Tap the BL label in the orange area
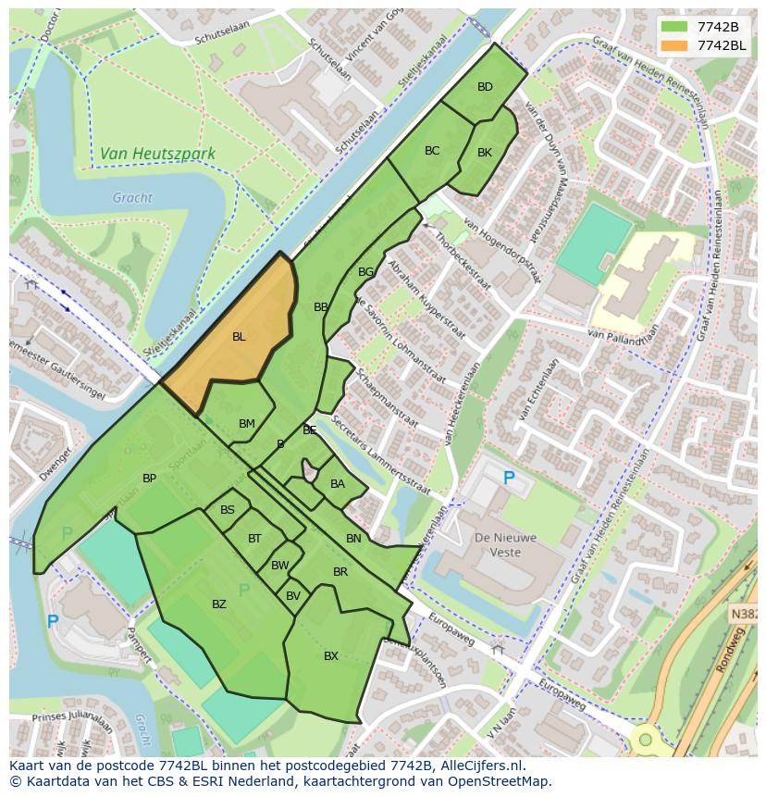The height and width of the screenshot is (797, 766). tap(239, 337)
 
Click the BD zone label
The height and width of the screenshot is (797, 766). tap(485, 87)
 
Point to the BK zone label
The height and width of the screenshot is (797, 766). tap(485, 153)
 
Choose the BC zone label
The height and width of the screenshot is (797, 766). tap(432, 150)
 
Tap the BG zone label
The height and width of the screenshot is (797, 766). tap(365, 272)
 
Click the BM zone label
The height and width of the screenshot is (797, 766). tap(246, 424)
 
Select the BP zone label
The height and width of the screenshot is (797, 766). tap(149, 479)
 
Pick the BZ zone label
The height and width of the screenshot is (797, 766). tap(219, 604)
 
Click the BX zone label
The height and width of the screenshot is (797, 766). tap(331, 656)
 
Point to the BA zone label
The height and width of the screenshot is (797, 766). tap(338, 484)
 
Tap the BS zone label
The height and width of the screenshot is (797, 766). tap(228, 510)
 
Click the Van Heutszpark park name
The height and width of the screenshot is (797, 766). tap(157, 154)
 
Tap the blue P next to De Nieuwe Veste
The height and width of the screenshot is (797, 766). tap(508, 479)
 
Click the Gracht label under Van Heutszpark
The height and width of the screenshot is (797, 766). tap(132, 197)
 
